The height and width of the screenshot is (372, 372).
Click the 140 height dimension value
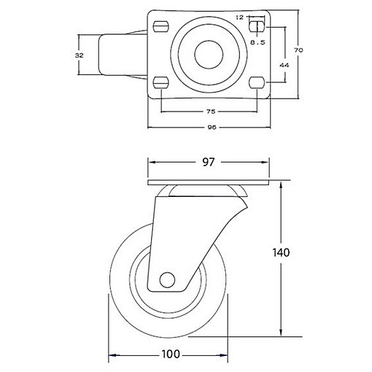click(x=281, y=252)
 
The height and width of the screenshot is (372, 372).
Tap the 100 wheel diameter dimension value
click(x=171, y=354)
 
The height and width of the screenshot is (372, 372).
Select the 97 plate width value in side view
click(x=209, y=162)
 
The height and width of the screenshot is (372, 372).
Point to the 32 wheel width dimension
click(x=80, y=55)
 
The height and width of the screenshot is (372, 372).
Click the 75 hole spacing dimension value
click(x=211, y=112)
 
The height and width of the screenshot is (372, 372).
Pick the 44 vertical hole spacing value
click(x=284, y=65)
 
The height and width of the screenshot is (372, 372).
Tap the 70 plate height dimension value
click(x=298, y=50)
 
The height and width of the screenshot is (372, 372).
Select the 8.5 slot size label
click(x=257, y=42)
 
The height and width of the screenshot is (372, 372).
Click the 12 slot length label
click(x=239, y=18)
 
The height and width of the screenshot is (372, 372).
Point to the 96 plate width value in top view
click(x=212, y=127)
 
